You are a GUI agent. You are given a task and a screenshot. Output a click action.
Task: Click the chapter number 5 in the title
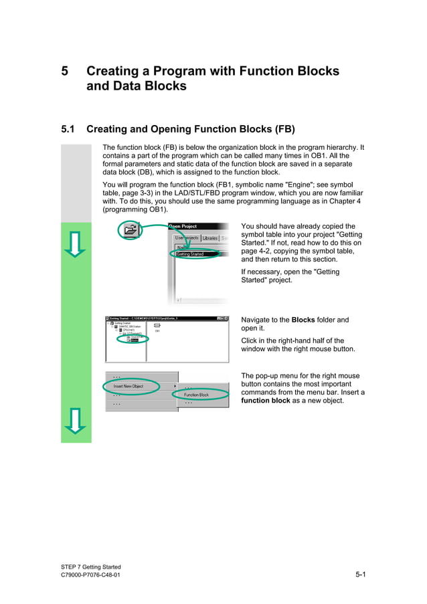(65, 71)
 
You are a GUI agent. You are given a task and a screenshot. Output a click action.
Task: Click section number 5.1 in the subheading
(68, 129)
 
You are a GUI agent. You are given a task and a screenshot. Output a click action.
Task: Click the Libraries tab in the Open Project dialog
(210, 238)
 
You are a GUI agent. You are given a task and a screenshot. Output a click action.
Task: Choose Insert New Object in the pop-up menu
(129, 386)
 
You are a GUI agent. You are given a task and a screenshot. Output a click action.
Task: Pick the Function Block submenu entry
(196, 395)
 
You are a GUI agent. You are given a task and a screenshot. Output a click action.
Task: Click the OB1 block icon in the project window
(157, 326)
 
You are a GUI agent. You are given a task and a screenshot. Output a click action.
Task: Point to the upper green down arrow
(75, 244)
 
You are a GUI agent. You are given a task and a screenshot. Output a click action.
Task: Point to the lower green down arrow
(75, 420)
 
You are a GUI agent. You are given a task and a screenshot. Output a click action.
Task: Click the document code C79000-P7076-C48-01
(91, 575)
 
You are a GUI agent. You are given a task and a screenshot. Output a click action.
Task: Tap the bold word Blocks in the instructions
(303, 320)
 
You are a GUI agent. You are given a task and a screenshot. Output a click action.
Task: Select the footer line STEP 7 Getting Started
(91, 567)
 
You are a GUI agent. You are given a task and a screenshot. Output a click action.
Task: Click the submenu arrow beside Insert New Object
(175, 386)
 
